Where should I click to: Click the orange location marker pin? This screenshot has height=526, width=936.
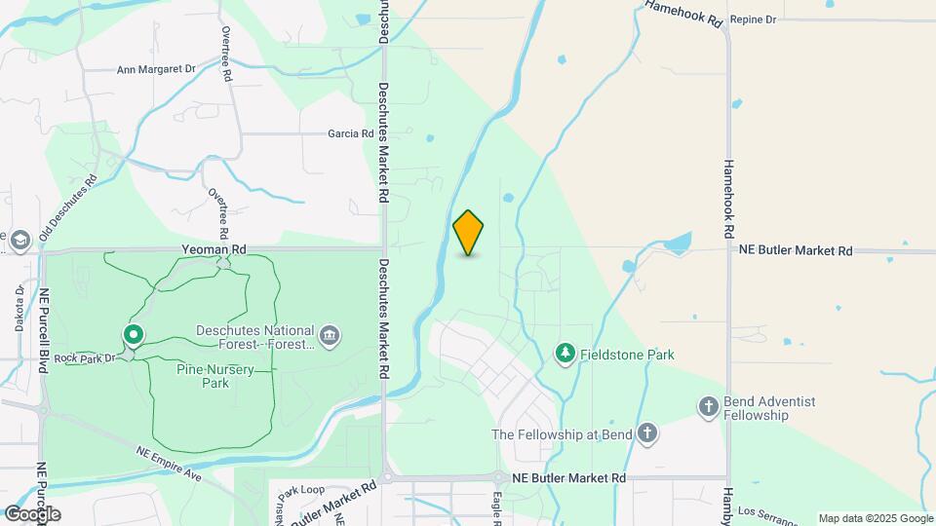(x=469, y=233)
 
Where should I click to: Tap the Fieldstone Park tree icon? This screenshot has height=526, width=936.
(x=565, y=354)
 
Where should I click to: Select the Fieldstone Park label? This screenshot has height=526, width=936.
(x=627, y=356)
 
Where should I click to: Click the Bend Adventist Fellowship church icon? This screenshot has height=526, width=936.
(x=709, y=406)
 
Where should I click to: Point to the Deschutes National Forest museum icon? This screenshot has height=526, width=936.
(x=331, y=336)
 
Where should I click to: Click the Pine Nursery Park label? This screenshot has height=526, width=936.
(x=202, y=376)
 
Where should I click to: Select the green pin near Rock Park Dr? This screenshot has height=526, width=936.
(x=134, y=335)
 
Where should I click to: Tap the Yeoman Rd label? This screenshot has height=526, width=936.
(x=214, y=250)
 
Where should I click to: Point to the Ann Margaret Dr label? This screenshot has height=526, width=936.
(x=156, y=70)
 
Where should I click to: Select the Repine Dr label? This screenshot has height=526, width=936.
(x=753, y=19)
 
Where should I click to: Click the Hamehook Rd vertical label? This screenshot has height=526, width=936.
(x=727, y=200)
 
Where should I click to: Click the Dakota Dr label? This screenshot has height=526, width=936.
(x=19, y=309)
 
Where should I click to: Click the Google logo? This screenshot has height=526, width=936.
(x=32, y=513)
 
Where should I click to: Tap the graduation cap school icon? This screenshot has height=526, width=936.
(x=19, y=240)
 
